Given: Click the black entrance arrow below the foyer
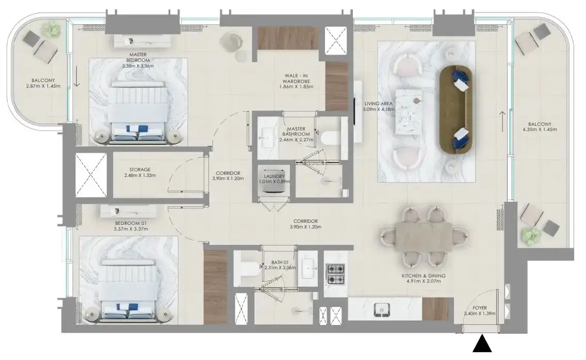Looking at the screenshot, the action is click(482, 344).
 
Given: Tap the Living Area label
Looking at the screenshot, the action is click(378, 104).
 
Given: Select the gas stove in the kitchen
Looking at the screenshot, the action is click(335, 274).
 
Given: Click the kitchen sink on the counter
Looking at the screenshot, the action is click(382, 309).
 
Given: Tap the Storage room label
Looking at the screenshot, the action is click(140, 169).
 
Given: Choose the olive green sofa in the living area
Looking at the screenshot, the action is click(456, 109).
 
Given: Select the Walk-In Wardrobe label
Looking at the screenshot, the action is click(296, 78).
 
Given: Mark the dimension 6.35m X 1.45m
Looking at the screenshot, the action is click(540, 130).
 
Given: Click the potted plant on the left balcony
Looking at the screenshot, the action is click(51, 29).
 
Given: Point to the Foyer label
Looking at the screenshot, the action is click(480, 308).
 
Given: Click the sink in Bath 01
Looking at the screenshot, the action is click(308, 268).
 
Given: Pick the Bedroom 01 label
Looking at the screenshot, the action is click(131, 223).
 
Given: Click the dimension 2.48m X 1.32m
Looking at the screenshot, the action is click(140, 175).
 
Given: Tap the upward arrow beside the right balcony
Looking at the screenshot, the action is click(502, 122).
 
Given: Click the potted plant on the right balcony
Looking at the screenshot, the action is click(531, 236).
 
